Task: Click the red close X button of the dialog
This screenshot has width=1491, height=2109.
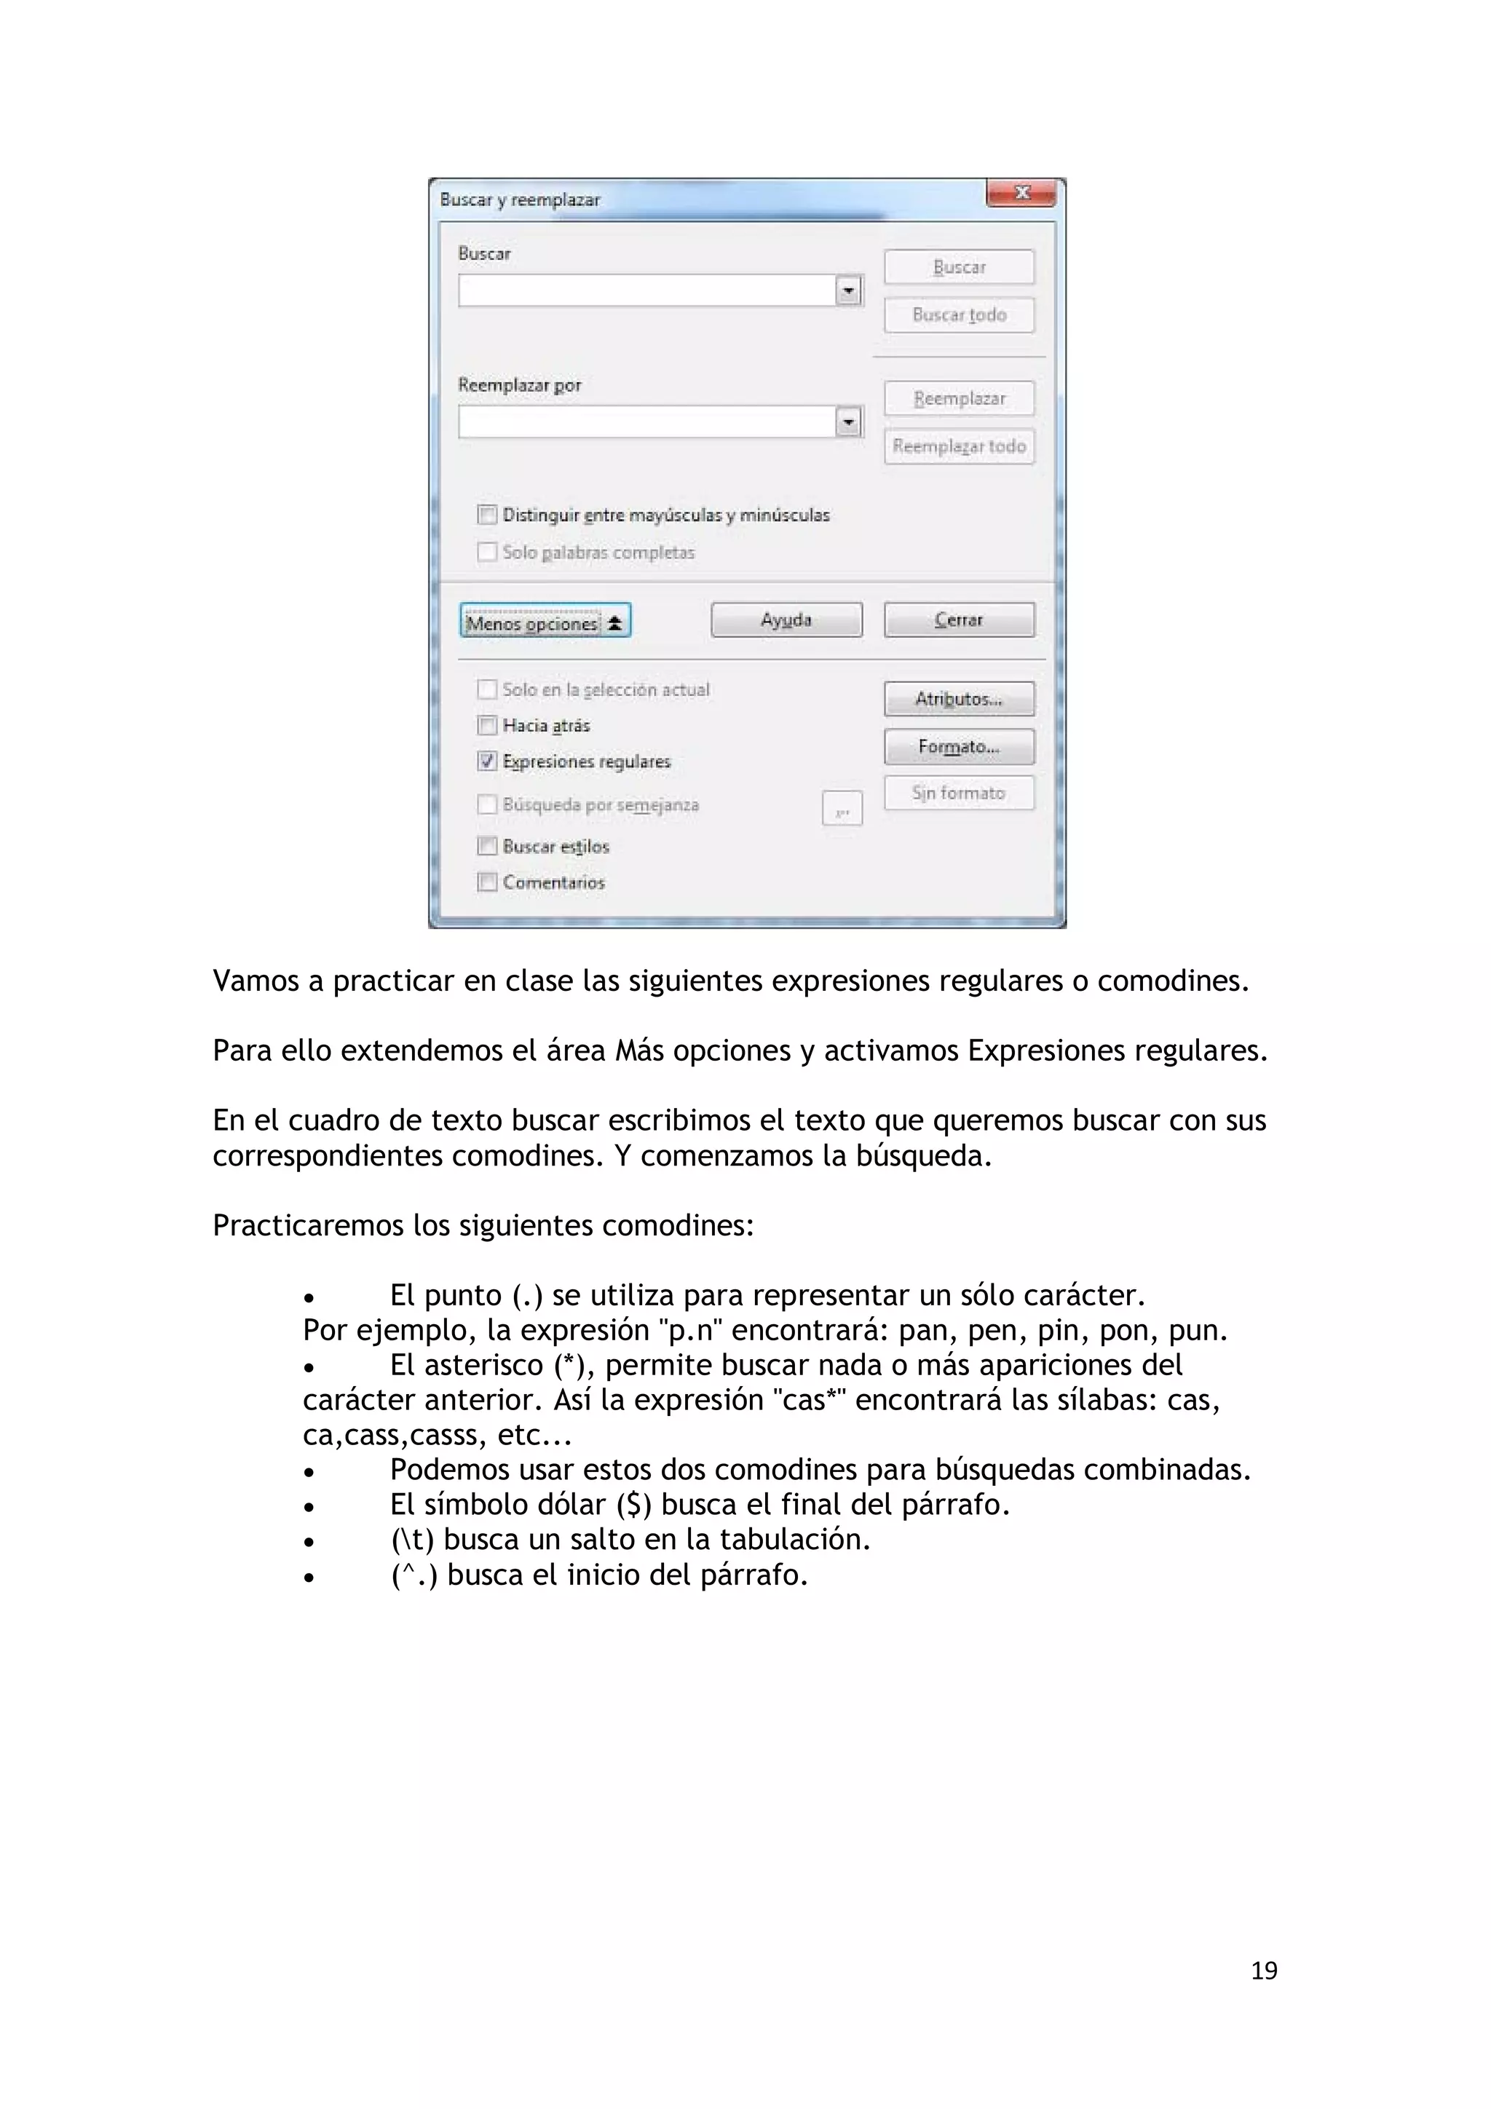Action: pyautogui.click(x=1021, y=193)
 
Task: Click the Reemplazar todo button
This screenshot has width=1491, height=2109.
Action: pyautogui.click(x=958, y=446)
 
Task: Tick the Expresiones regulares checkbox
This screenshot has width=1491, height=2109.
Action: pyautogui.click(x=487, y=761)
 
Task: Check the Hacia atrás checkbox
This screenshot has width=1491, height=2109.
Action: pyautogui.click(x=487, y=726)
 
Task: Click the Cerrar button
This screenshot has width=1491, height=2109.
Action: pyautogui.click(x=958, y=620)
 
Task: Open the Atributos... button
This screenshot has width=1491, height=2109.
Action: pyautogui.click(x=958, y=699)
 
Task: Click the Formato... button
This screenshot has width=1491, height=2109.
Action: pyautogui.click(x=958, y=747)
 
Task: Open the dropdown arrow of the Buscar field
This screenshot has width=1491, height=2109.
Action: pyautogui.click(x=848, y=291)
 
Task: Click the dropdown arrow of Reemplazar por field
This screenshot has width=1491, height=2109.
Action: pyautogui.click(x=848, y=422)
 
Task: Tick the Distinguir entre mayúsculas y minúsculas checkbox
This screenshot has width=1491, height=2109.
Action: pyautogui.click(x=487, y=515)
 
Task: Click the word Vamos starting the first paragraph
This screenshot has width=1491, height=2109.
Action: pyautogui.click(x=256, y=981)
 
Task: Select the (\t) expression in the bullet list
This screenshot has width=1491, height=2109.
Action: pyautogui.click(x=411, y=1540)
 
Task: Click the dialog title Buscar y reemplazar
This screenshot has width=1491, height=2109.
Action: pyautogui.click(x=520, y=200)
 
